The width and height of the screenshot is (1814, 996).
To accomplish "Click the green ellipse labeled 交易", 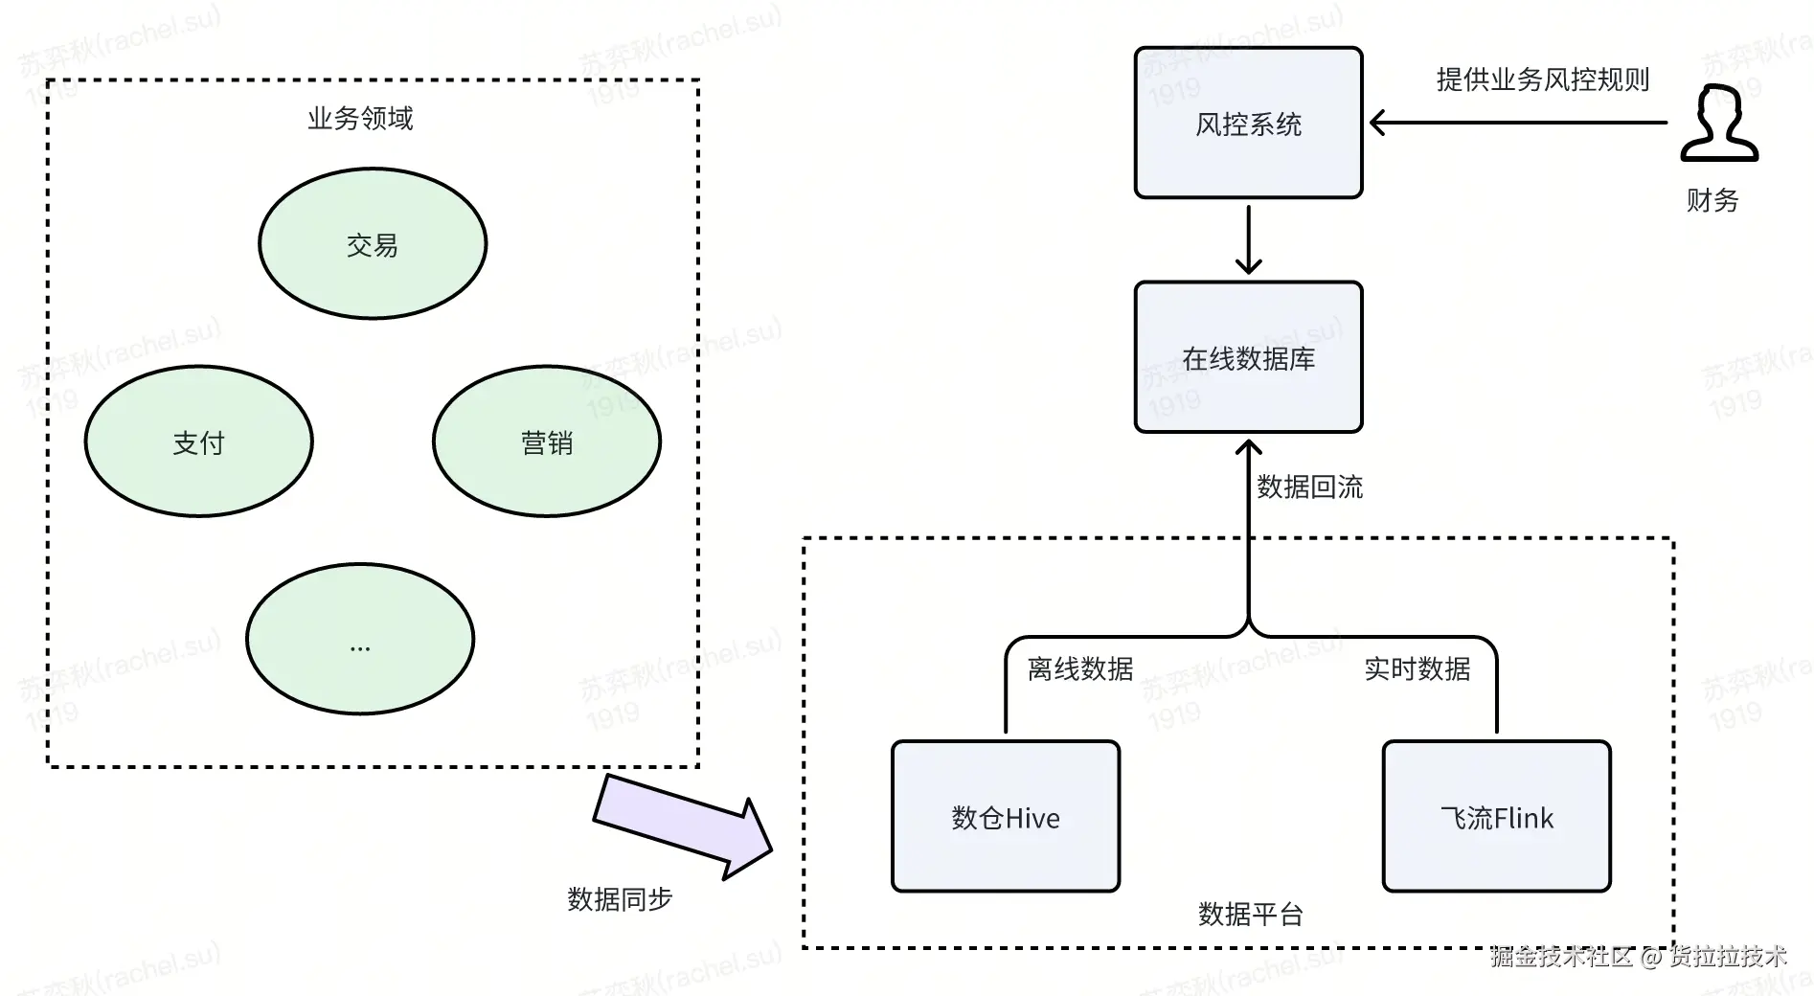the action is (373, 243).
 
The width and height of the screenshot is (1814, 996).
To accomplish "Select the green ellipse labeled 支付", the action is (198, 441).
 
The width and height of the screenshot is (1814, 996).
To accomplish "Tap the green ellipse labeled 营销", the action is (547, 441).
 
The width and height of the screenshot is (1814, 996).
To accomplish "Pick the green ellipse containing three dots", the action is (360, 639).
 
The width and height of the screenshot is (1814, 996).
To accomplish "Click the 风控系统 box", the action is (1248, 123).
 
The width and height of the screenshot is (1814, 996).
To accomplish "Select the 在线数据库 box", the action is (1248, 357).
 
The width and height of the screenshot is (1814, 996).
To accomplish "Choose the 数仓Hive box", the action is (1006, 817).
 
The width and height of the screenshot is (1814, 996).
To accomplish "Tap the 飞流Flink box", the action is (1497, 817).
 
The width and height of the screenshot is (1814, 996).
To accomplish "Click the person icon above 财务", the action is (1720, 124).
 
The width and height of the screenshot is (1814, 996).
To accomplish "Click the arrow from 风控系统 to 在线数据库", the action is (1248, 239).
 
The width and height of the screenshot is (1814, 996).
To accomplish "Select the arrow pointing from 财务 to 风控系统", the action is (1518, 123).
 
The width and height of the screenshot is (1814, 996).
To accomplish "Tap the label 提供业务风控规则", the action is (1543, 79).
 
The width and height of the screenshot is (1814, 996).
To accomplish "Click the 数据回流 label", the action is (1309, 487).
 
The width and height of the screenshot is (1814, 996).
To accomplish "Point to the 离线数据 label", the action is (1080, 668).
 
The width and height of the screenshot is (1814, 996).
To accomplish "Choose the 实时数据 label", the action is (1417, 668).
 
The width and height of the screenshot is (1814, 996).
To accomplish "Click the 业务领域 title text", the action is (360, 119).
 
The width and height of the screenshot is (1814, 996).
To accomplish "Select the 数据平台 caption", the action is (1251, 915).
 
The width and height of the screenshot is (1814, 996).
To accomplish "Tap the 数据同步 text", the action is (620, 899).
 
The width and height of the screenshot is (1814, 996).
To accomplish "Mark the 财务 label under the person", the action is (1712, 200).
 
